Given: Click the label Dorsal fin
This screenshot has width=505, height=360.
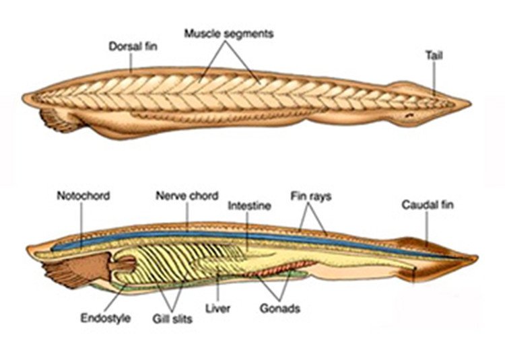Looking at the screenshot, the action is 133,46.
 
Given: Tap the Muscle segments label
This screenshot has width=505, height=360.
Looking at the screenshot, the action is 229,34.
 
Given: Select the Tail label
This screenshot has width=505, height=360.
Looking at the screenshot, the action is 434,55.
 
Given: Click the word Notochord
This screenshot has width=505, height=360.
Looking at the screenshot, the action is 83,196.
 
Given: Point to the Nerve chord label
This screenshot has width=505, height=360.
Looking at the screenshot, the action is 187,196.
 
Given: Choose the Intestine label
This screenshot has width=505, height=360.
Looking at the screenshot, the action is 249,206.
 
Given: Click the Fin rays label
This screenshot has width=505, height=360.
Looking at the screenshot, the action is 311,196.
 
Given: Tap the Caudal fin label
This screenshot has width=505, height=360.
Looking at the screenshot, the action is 428,205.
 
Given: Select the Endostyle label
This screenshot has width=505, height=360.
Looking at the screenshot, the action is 105,318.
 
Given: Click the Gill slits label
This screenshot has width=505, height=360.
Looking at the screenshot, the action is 172,319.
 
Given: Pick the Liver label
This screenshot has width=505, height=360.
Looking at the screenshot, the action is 217,309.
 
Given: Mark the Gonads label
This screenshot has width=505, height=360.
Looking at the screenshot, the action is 280,309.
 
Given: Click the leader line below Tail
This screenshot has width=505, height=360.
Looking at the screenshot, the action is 434,79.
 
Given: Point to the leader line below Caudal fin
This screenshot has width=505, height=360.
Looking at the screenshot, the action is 427,228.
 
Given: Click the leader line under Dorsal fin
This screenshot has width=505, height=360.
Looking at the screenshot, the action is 131,62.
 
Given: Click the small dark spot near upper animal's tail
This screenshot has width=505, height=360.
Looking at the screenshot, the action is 409,115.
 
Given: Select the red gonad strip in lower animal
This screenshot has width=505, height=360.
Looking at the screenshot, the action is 279,268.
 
